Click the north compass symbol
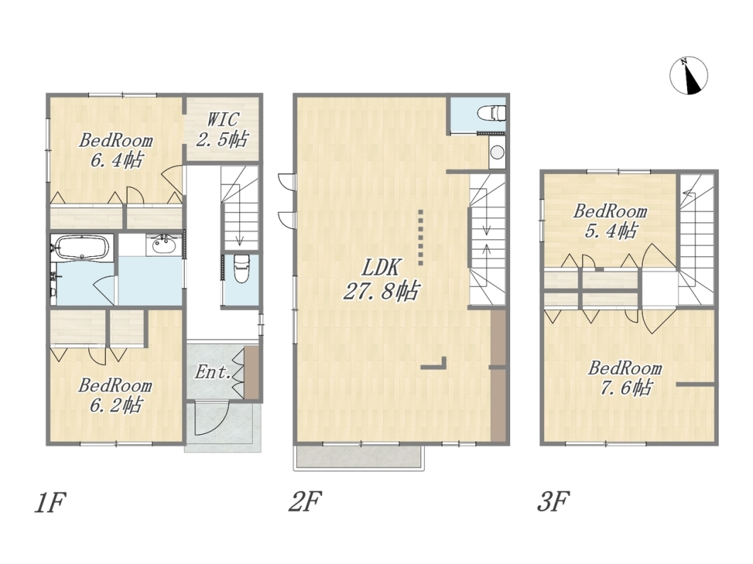[688, 76]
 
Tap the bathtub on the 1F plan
[82, 247]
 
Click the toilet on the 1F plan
[240, 269]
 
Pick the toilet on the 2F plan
[492, 114]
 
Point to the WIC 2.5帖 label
[222, 130]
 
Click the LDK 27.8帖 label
[381, 279]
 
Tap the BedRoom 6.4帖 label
[116, 150]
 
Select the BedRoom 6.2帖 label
[115, 395]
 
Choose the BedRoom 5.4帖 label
[610, 221]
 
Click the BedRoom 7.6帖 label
[625, 378]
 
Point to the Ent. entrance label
[212, 372]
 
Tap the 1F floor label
[50, 502]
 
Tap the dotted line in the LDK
[421, 238]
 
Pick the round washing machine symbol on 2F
[497, 153]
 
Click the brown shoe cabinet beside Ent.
[251, 372]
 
